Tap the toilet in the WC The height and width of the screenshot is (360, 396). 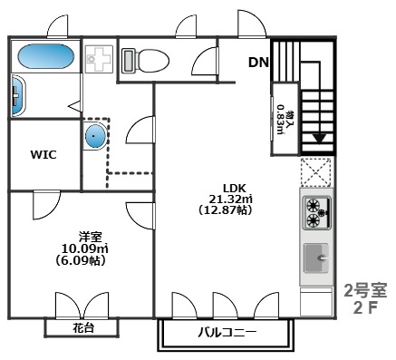[x=148, y=61]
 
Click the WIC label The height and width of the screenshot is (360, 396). [x=43, y=154]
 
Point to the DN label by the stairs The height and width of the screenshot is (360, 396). [x=258, y=63]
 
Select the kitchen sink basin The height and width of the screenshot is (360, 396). [x=317, y=258]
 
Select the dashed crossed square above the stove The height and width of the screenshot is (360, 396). [x=316, y=172]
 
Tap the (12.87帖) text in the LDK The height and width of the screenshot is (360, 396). [x=224, y=209]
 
